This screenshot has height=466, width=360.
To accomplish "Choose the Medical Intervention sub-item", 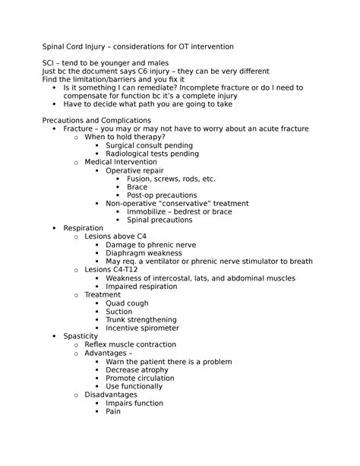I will click(x=122, y=162).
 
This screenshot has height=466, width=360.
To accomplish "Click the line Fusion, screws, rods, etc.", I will click(x=171, y=179).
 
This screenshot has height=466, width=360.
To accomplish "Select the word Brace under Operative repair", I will click(x=137, y=187).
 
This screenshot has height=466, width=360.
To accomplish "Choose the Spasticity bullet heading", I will click(x=81, y=336).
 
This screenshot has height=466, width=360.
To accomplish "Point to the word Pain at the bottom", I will click(x=113, y=411).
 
